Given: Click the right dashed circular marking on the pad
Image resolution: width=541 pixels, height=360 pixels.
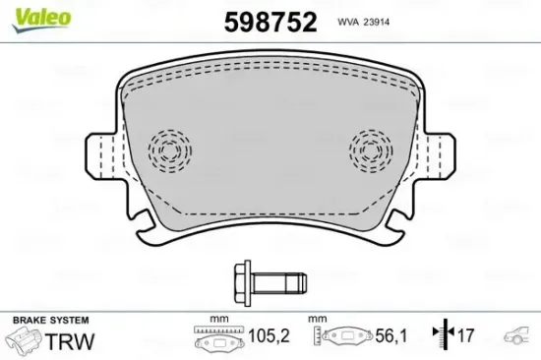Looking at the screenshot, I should (372, 150).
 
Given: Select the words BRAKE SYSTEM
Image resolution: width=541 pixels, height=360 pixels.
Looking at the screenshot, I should (49, 321).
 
